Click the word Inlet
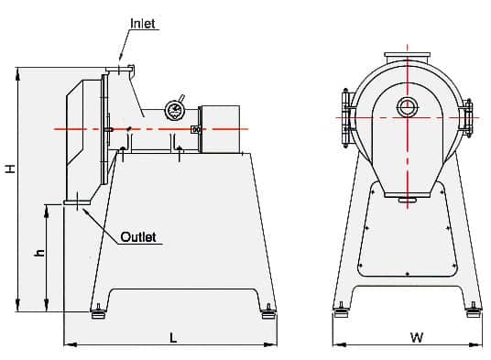143,24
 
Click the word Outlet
138,237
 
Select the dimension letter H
10,169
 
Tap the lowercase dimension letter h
39,253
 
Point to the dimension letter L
173,338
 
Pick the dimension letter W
417,337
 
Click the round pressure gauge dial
174,110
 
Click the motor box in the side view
221,129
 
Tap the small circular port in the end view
408,107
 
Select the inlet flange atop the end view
407,58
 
